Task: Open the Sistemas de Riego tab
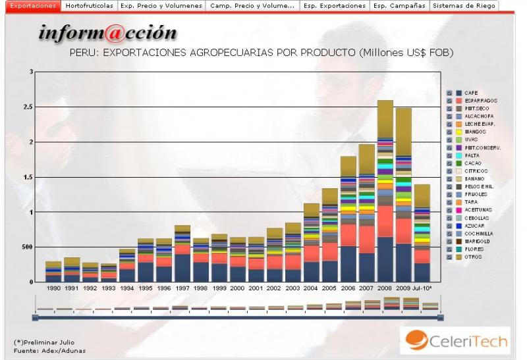[464, 5]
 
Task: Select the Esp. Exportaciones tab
[335, 5]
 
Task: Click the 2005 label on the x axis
[330, 288]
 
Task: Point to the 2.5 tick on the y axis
[26, 107]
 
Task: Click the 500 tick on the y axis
[23, 247]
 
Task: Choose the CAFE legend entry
[471, 93]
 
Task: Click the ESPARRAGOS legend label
[480, 101]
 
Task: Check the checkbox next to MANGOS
[449, 132]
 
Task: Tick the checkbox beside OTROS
[449, 257]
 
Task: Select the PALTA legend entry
[472, 155]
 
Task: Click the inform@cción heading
[107, 33]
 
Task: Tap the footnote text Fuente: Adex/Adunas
[49, 350]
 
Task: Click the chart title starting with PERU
[261, 53]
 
